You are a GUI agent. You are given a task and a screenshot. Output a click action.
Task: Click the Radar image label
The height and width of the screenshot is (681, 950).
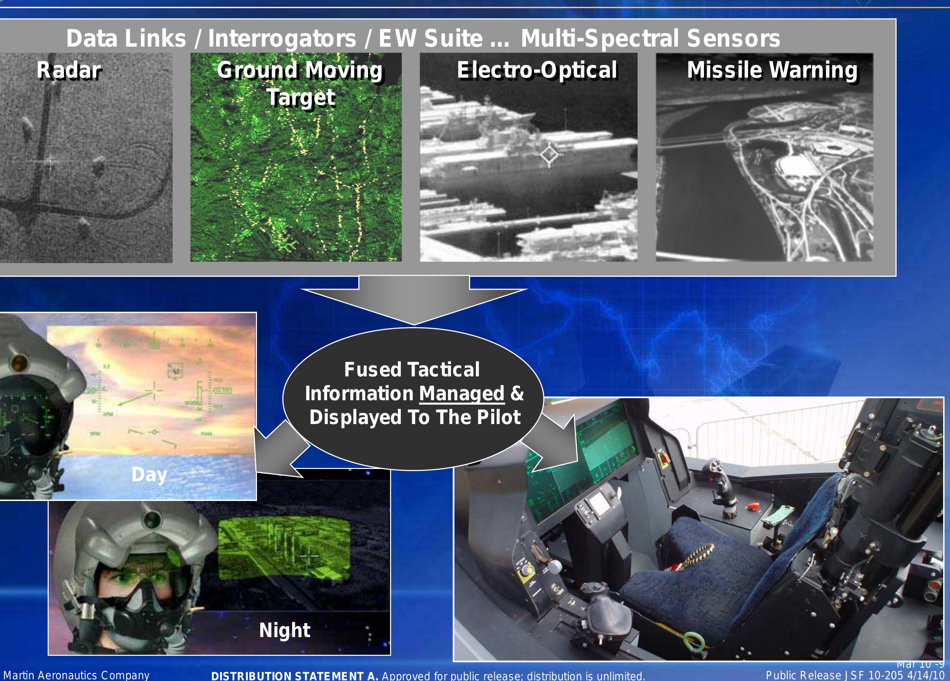coord(69,70)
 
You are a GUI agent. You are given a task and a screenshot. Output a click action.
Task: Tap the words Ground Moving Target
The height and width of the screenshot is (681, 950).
coord(300,83)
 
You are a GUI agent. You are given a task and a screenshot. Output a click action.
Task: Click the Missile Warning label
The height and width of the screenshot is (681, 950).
coord(772,70)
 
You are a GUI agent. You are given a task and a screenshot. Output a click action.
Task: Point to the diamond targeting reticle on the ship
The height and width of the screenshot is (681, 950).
coord(549,155)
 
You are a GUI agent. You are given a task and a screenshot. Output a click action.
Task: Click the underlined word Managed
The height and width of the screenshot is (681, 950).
coord(462,394)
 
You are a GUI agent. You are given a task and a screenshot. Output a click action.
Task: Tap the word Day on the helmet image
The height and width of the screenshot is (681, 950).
coord(149,474)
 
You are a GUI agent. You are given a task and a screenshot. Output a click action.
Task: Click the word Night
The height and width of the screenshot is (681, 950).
coord(285,630)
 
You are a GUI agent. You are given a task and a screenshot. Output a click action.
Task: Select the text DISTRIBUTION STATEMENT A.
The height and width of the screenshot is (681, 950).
coord(294,676)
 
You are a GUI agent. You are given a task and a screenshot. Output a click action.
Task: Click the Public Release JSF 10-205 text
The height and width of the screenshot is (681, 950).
coord(854,675)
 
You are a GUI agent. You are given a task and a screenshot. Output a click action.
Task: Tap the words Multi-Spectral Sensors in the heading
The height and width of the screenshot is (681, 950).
coord(650,38)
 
